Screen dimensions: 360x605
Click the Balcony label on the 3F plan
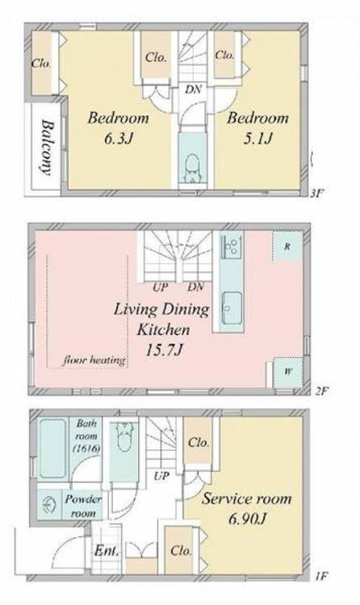tap(47, 148)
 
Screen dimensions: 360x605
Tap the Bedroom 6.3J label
tap(118, 127)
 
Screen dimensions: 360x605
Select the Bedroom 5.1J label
tap(257, 127)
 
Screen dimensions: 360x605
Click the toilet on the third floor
tap(192, 169)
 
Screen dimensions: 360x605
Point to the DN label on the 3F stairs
tap(193, 90)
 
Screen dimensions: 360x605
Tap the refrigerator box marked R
tap(287, 246)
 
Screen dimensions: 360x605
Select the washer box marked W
tap(288, 372)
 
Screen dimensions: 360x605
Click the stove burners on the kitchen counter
tap(231, 246)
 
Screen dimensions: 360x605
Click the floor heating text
tap(94, 361)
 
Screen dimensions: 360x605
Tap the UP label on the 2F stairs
tap(160, 287)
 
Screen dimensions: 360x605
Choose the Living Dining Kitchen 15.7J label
tap(162, 329)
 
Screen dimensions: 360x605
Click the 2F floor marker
tap(321, 391)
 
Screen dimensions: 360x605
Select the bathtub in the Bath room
tap(52, 449)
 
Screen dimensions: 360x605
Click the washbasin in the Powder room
tap(50, 504)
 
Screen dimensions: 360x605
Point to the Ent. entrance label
tap(107, 551)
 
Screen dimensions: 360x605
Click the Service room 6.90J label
tap(247, 508)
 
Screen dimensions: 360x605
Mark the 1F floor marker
tap(321, 577)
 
